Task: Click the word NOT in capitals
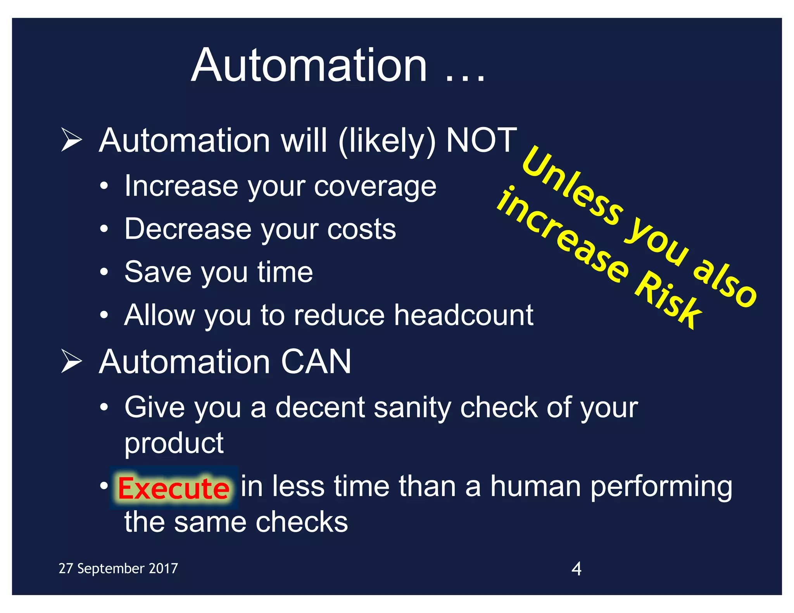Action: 481,140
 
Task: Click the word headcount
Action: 464,315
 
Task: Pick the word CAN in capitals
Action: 316,362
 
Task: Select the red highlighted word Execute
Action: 173,488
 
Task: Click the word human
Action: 535,486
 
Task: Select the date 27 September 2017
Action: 118,568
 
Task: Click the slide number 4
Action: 577,569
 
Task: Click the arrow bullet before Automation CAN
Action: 72,361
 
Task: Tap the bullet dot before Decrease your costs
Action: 104,229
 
